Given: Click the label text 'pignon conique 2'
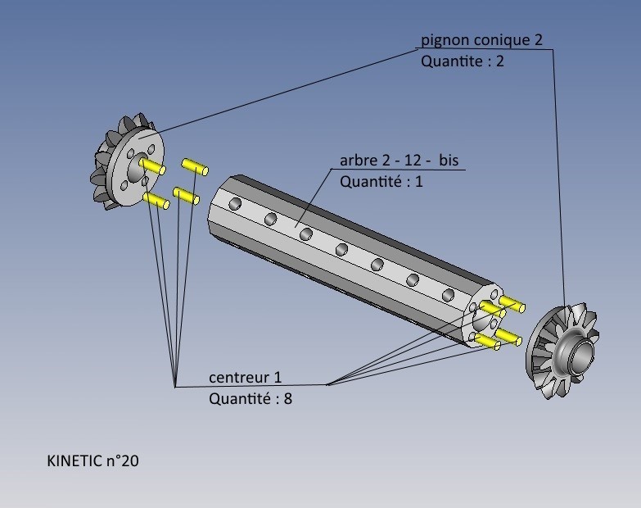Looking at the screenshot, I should [481, 39].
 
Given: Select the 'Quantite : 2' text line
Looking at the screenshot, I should [462, 61].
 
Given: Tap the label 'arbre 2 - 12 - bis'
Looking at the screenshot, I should [399, 160].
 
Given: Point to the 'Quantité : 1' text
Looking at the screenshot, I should [381, 181].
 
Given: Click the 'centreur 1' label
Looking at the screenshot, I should [245, 378].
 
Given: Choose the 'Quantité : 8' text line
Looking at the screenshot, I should [250, 399].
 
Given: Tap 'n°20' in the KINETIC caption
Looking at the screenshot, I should [122, 461].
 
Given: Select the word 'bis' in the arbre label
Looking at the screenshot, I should [449, 160].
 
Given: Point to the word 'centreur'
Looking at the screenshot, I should [238, 378].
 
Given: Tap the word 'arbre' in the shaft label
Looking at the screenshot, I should [359, 161].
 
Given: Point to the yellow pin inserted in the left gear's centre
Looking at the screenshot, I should [153, 167].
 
